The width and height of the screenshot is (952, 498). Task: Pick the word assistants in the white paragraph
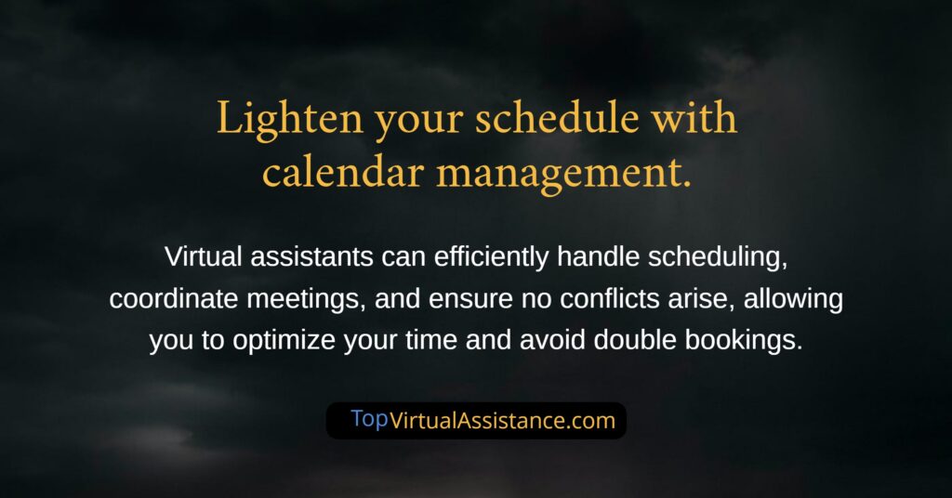point(311,256)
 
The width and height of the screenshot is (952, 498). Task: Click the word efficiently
point(491,257)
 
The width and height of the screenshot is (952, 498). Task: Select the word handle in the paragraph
point(598,256)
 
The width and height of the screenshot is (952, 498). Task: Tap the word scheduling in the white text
point(718,257)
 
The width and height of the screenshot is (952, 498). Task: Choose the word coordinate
point(174,298)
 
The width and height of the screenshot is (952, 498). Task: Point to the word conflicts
point(610,298)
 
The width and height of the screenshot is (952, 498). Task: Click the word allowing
point(793,300)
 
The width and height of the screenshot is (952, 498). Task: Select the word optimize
point(284,341)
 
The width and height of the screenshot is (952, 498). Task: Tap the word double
point(634,340)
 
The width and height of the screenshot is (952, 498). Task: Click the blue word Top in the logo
point(369,419)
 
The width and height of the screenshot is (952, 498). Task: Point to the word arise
point(701,298)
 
